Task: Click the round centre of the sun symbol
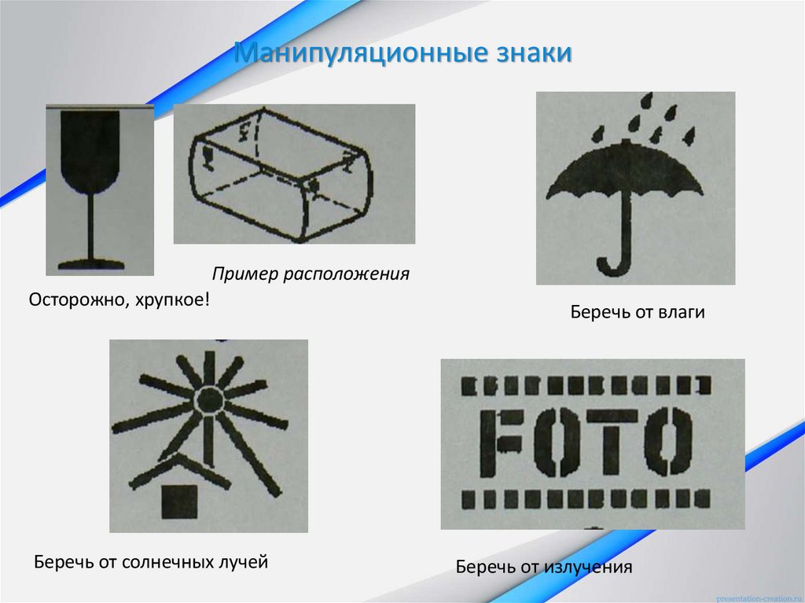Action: click(209, 399)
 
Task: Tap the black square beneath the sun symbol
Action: click(179, 501)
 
